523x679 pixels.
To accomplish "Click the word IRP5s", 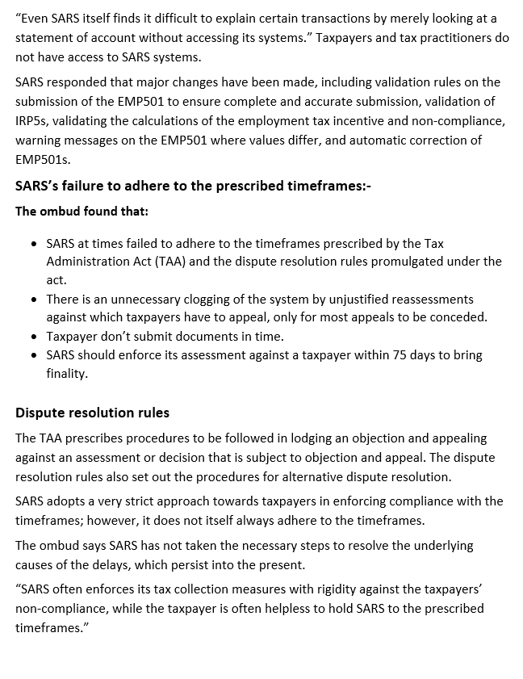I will [33, 121].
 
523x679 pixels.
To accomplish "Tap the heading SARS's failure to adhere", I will [193, 186].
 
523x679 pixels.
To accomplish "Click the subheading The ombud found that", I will [82, 212].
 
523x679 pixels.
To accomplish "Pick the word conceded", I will [460, 317].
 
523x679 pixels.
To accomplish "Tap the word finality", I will [67, 374].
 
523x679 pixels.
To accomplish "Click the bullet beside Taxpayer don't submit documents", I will [33, 337].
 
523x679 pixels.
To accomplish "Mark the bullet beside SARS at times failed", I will [33, 243].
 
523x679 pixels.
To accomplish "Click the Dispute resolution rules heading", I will [92, 413].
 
